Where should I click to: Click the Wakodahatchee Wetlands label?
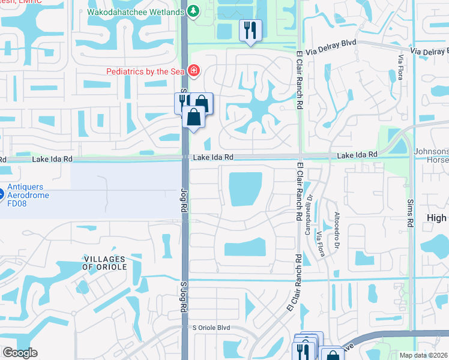click(136, 11)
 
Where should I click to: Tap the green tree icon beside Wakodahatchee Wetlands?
click(193, 11)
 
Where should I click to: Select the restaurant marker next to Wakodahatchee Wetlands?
click(250, 29)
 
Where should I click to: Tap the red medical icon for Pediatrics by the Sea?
click(193, 71)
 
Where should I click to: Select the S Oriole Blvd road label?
click(211, 328)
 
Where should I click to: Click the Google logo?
click(20, 352)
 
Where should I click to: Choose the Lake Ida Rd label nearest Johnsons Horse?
click(357, 155)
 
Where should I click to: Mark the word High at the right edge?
click(438, 218)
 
